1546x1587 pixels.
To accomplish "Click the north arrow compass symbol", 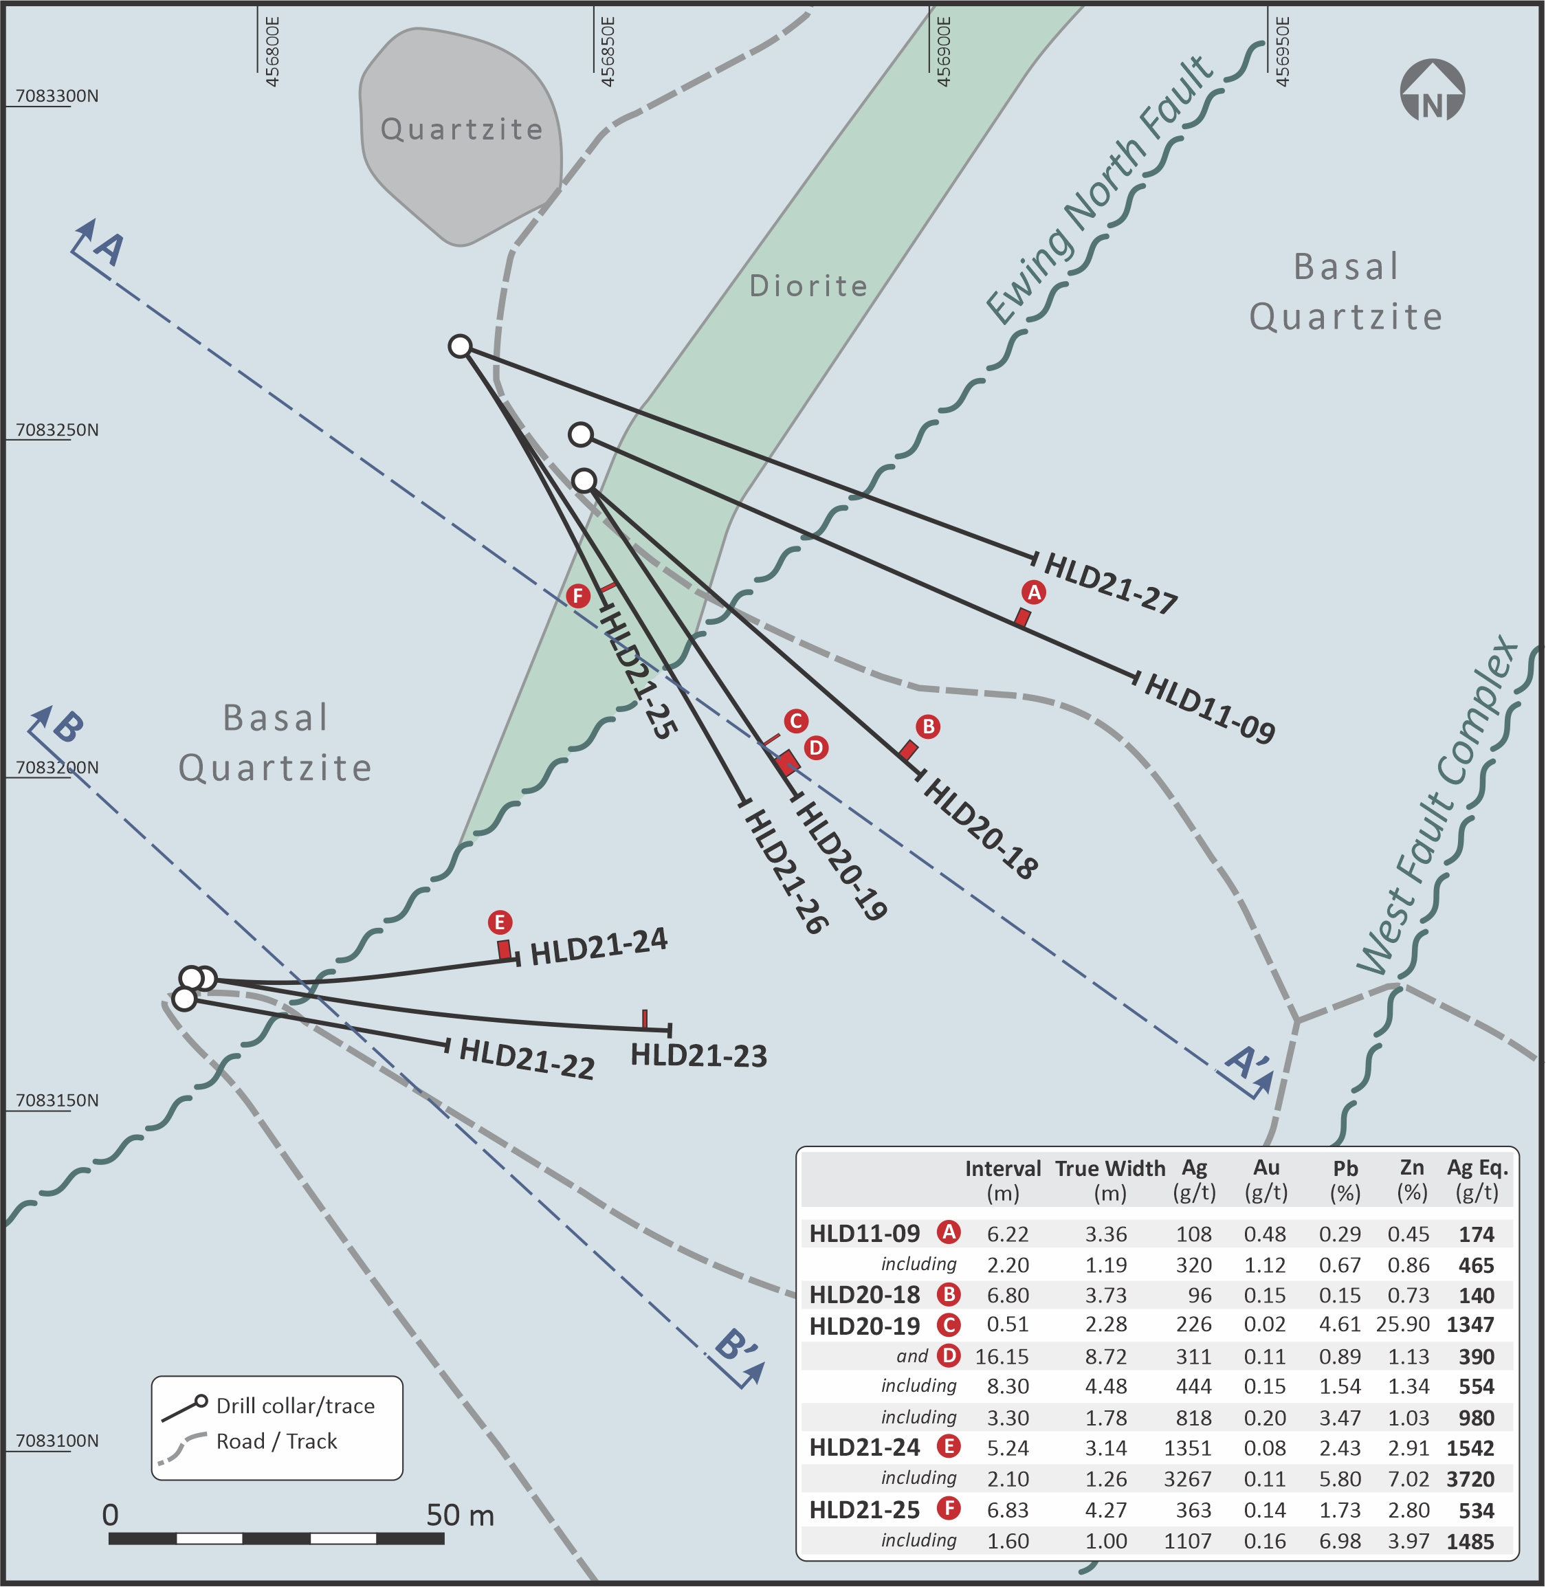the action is coord(1433,90).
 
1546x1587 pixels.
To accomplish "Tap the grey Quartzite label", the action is coord(462,129).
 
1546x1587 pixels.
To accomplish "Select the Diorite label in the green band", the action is coord(808,286).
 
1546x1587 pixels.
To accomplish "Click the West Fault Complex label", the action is coord(1437,804).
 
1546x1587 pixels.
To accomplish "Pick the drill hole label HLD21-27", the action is coord(1110,583).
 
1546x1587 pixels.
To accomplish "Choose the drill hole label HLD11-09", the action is coord(1209,708).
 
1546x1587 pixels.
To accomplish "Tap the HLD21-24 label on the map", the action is coord(599,946).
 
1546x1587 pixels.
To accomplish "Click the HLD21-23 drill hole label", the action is coord(699,1055).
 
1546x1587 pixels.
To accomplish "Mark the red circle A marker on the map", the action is coord(1034,592).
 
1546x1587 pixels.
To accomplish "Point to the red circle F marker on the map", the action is coord(578,596).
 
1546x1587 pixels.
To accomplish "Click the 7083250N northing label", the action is coord(57,430).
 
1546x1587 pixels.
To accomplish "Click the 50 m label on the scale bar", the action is coord(461,1515).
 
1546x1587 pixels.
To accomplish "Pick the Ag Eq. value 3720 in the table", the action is coord(1470,1479).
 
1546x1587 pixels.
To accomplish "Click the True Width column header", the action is coord(1110,1180).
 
